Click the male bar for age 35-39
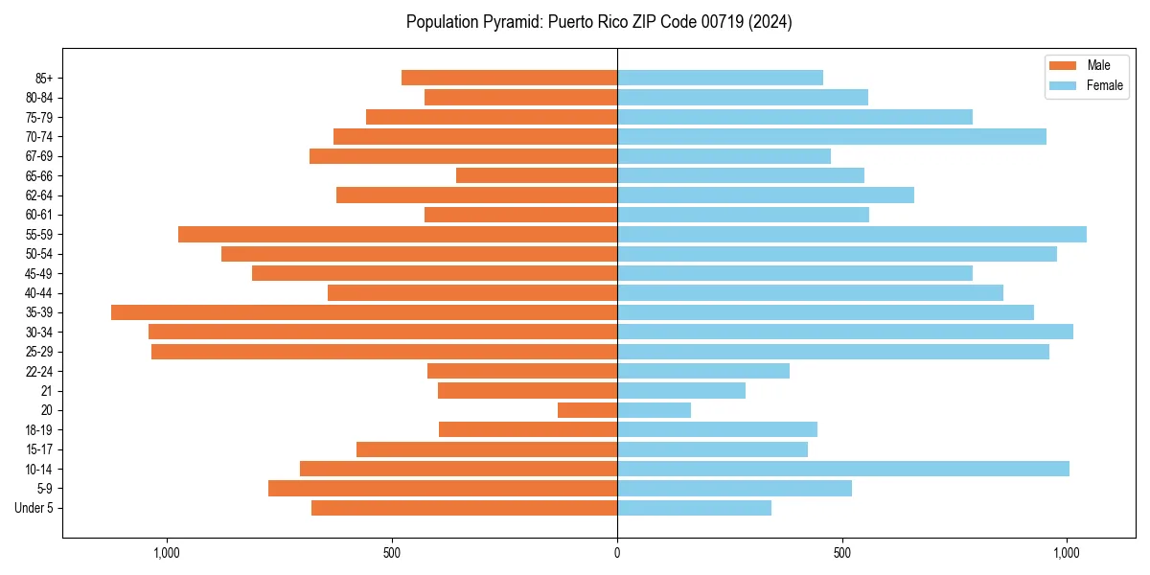tap(364, 312)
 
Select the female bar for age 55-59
tap(852, 234)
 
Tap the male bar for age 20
tap(587, 410)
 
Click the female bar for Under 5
tap(694, 508)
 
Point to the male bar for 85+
tap(509, 78)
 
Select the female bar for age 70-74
tap(832, 136)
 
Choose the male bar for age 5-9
tap(443, 488)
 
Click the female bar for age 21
tap(681, 390)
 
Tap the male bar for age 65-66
tap(537, 175)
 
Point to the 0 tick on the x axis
tap(617, 553)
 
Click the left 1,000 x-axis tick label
tap(167, 553)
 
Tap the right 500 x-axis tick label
tap(841, 553)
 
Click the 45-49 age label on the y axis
tap(39, 273)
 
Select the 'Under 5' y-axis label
tap(34, 508)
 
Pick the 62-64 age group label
tap(39, 195)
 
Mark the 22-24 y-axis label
tap(39, 371)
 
